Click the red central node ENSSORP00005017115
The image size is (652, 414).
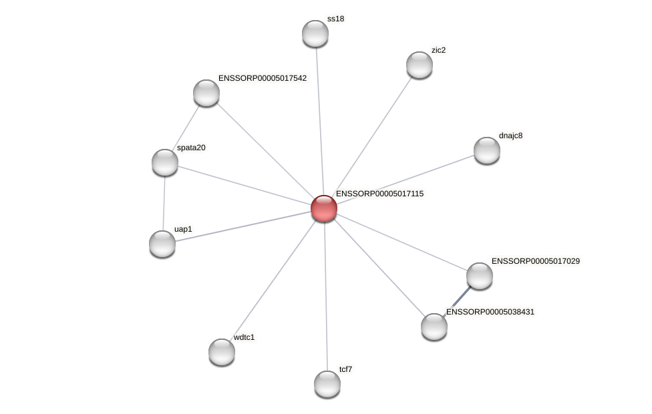coord(324,208)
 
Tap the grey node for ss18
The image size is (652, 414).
coord(315,33)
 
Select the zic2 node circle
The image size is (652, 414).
coord(420,65)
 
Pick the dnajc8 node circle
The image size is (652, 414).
coord(487,150)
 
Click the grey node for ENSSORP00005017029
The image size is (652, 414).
coord(480,276)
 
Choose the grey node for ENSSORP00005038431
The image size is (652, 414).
coord(434,327)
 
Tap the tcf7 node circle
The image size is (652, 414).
coord(327,384)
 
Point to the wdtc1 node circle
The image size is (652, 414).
coord(222,352)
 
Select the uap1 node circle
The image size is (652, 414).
coord(162,244)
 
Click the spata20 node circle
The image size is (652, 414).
coord(165,162)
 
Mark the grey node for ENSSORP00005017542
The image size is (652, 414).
coord(206,93)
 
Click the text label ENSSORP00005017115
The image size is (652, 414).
coord(379,194)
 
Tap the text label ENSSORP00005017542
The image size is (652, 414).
coord(263,78)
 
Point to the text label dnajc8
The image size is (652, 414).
coord(511,136)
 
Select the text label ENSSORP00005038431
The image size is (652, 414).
coord(490,312)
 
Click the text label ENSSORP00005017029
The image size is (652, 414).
coord(536,261)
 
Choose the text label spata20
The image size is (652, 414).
coord(191,148)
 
